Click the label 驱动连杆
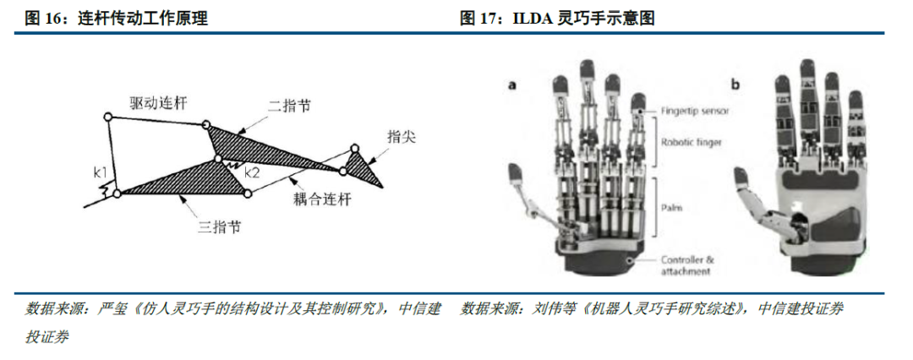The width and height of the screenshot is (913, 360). (155, 104)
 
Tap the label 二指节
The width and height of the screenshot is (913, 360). (289, 106)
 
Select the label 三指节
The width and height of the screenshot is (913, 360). (220, 226)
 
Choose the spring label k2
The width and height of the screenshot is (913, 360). (252, 172)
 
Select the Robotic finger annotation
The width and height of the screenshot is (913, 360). (692, 142)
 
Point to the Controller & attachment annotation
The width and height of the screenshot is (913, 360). (687, 265)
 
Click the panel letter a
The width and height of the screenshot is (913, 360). (512, 85)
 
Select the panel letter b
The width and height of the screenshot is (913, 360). (736, 85)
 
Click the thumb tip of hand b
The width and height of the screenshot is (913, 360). (741, 176)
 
